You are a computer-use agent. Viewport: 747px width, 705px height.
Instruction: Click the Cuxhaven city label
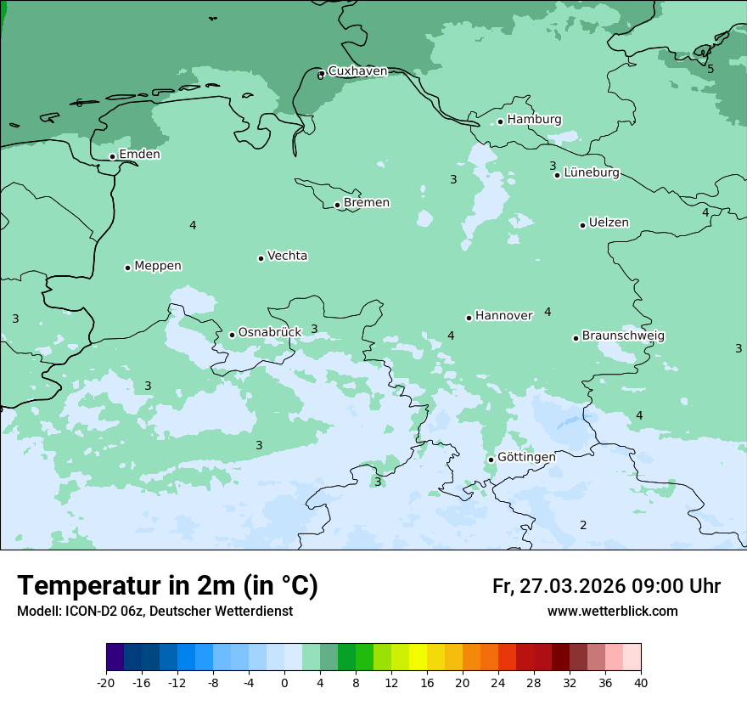pyautogui.click(x=357, y=71)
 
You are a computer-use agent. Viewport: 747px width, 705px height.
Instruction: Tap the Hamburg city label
pyautogui.click(x=534, y=120)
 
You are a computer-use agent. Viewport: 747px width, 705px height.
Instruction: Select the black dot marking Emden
pyautogui.click(x=112, y=156)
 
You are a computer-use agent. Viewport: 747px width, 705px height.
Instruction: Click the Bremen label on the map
pyautogui.click(x=367, y=203)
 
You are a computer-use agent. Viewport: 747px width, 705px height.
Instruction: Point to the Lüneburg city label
pyautogui.click(x=591, y=172)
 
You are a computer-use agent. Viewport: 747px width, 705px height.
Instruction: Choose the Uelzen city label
pyautogui.click(x=609, y=223)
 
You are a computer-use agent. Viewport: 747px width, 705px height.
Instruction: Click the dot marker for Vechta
pyautogui.click(x=261, y=258)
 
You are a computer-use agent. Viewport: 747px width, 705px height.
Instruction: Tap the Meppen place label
pyautogui.click(x=158, y=266)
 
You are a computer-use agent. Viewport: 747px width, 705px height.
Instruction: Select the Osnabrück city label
pyautogui.click(x=270, y=333)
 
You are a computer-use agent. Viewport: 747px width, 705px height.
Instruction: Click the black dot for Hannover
pyautogui.click(x=469, y=318)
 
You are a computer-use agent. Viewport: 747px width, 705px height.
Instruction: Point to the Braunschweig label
pyautogui.click(x=623, y=336)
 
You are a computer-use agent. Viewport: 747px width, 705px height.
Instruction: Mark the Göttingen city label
pyautogui.click(x=526, y=458)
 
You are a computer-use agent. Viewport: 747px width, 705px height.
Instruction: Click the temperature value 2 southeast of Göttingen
pyautogui.click(x=583, y=525)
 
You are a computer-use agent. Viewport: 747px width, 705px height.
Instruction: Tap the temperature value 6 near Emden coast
pyautogui.click(x=79, y=103)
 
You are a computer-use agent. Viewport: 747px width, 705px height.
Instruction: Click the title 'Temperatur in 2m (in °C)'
pyautogui.click(x=168, y=585)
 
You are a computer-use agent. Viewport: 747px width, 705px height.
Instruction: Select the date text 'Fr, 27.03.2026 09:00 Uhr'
pyautogui.click(x=606, y=586)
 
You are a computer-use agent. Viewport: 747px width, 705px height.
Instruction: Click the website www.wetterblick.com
pyautogui.click(x=612, y=612)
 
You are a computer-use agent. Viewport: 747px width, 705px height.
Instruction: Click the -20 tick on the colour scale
pyautogui.click(x=106, y=682)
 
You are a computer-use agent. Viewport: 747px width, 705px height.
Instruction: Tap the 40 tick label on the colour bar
pyautogui.click(x=641, y=682)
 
